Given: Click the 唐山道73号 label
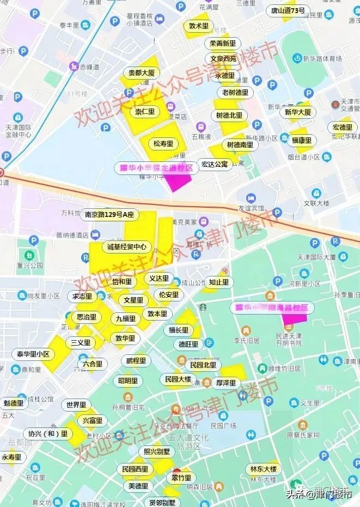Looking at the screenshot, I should tap(288, 10).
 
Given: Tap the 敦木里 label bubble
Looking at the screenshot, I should tap(198, 26).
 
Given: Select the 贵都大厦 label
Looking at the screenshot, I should tap(141, 73).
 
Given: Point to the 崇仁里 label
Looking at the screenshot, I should tap(144, 112).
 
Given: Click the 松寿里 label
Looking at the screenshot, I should tap(163, 144).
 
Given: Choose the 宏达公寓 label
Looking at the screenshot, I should tap(214, 164).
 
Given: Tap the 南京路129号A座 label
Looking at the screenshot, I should tap(109, 215).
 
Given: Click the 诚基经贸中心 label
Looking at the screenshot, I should tap(126, 247).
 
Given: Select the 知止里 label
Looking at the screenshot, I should tap(218, 282).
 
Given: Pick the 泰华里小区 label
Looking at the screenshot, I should tap(33, 354).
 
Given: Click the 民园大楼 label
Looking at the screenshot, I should tap(177, 379).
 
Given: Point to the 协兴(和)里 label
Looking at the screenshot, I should tap(48, 434).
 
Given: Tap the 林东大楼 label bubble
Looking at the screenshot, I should tap(264, 469).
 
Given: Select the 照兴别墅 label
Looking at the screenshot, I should tap(157, 451).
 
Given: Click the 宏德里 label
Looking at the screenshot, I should tap(343, 128).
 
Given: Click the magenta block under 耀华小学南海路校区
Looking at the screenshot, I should tap(295, 318).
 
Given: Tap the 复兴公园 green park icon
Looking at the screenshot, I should tap(28, 255).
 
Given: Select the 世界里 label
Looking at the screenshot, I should tap(76, 405).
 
